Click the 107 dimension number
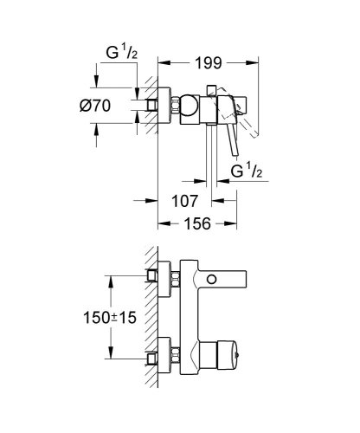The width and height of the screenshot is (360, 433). (188, 202)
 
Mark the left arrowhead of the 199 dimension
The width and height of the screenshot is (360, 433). (162, 62)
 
